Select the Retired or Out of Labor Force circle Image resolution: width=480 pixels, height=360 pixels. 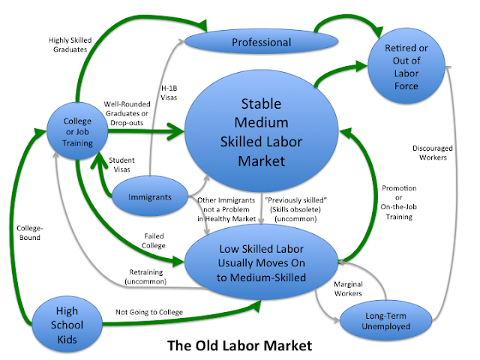[x=413, y=65]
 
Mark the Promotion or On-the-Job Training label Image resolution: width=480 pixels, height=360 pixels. [x=399, y=202]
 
